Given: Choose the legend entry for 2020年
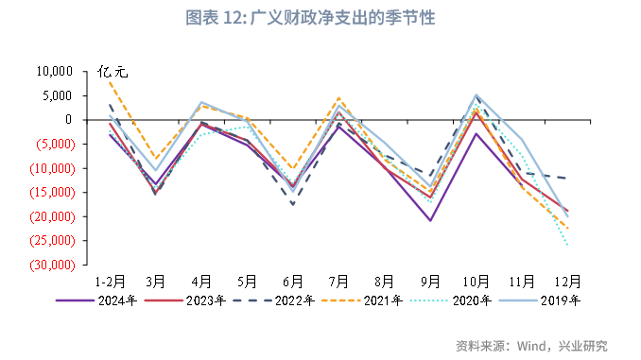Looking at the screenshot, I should pyautogui.click(x=474, y=300).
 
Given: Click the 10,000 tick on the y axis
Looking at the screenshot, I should pyautogui.click(x=54, y=72).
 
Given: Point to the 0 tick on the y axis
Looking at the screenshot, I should pyautogui.click(x=69, y=120).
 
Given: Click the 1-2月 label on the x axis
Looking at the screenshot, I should pyautogui.click(x=110, y=282).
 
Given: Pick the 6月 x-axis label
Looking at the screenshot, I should pyautogui.click(x=293, y=282).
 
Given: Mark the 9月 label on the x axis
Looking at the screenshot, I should pyautogui.click(x=430, y=282).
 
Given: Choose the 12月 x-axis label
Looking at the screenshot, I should pyautogui.click(x=567, y=282).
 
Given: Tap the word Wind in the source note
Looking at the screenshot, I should pyautogui.click(x=534, y=345).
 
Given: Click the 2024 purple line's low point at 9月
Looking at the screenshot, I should pyautogui.click(x=430, y=220).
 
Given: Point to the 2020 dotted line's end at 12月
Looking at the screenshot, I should pyautogui.click(x=567, y=245).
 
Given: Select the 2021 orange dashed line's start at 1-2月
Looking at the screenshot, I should pyautogui.click(x=110, y=81).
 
